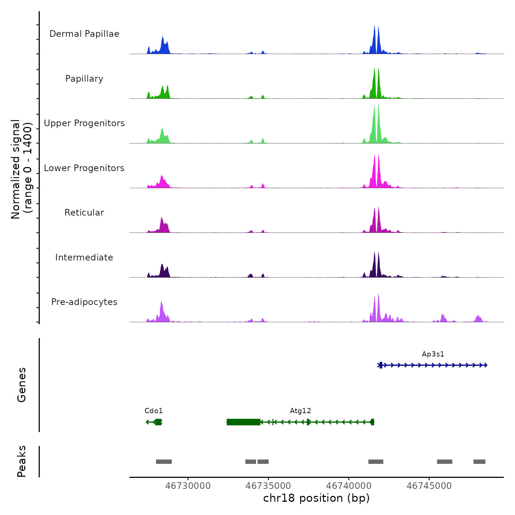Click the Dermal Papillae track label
coord(84,34)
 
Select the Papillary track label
coord(84,79)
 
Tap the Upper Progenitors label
coord(84,123)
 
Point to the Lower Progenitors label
coord(84,168)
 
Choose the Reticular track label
coord(84,213)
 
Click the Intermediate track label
coord(84,257)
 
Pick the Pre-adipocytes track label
coord(84,302)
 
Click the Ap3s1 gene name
coord(433,354)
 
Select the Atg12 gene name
coord(301,411)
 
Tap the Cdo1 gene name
coord(153,411)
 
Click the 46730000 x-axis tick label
coord(188,486)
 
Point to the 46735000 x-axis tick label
coord(268,486)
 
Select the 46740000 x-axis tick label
coord(349,486)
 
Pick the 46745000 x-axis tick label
coord(429,486)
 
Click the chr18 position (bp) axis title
coord(316,498)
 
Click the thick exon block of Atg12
coord(244,422)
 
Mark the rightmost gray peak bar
coord(479,462)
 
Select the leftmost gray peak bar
coord(164,462)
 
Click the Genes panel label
coord(21,384)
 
